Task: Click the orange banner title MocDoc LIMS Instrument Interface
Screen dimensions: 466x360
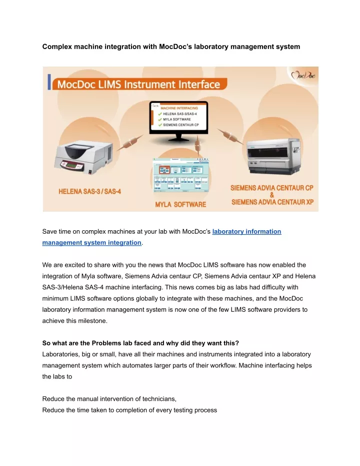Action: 140,83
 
